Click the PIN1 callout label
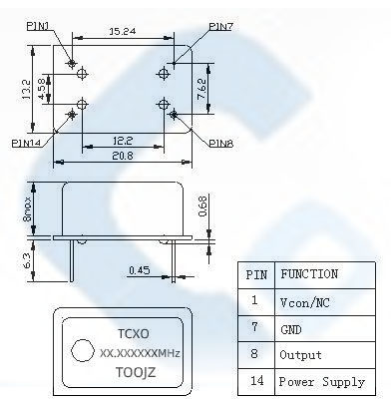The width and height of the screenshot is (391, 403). click(x=38, y=26)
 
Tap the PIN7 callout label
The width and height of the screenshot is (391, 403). click(x=221, y=26)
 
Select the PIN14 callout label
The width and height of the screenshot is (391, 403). click(x=26, y=143)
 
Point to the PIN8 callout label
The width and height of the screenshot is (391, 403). click(x=221, y=144)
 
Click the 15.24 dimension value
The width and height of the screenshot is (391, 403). click(x=123, y=31)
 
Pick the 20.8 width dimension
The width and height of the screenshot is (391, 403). click(x=123, y=156)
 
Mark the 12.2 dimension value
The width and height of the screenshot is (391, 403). click(x=123, y=141)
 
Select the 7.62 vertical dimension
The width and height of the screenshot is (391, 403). click(x=201, y=89)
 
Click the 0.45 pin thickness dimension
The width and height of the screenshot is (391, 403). click(x=140, y=270)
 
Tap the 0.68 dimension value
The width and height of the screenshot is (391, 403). click(x=202, y=206)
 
